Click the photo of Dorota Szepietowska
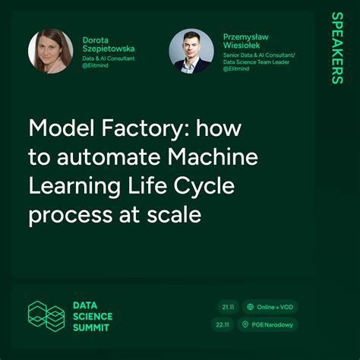pos(51,51)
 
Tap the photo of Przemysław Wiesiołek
pos(191,51)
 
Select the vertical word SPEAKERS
pos(336,48)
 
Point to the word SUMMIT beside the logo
pos(90,327)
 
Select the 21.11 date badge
pos(226,307)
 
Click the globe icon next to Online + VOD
pos(250,307)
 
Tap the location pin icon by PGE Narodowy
pos(245,324)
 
